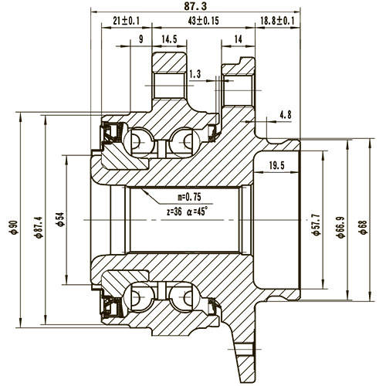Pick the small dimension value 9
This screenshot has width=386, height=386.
click(x=140, y=38)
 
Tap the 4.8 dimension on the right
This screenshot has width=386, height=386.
click(x=285, y=115)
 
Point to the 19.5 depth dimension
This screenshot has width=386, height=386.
click(x=277, y=165)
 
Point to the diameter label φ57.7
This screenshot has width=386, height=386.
click(x=315, y=225)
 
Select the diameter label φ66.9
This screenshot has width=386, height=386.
click(x=340, y=225)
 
